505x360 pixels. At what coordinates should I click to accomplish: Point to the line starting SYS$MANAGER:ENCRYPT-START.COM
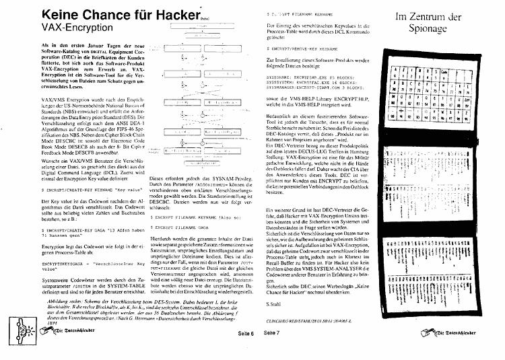[x=316, y=88]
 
